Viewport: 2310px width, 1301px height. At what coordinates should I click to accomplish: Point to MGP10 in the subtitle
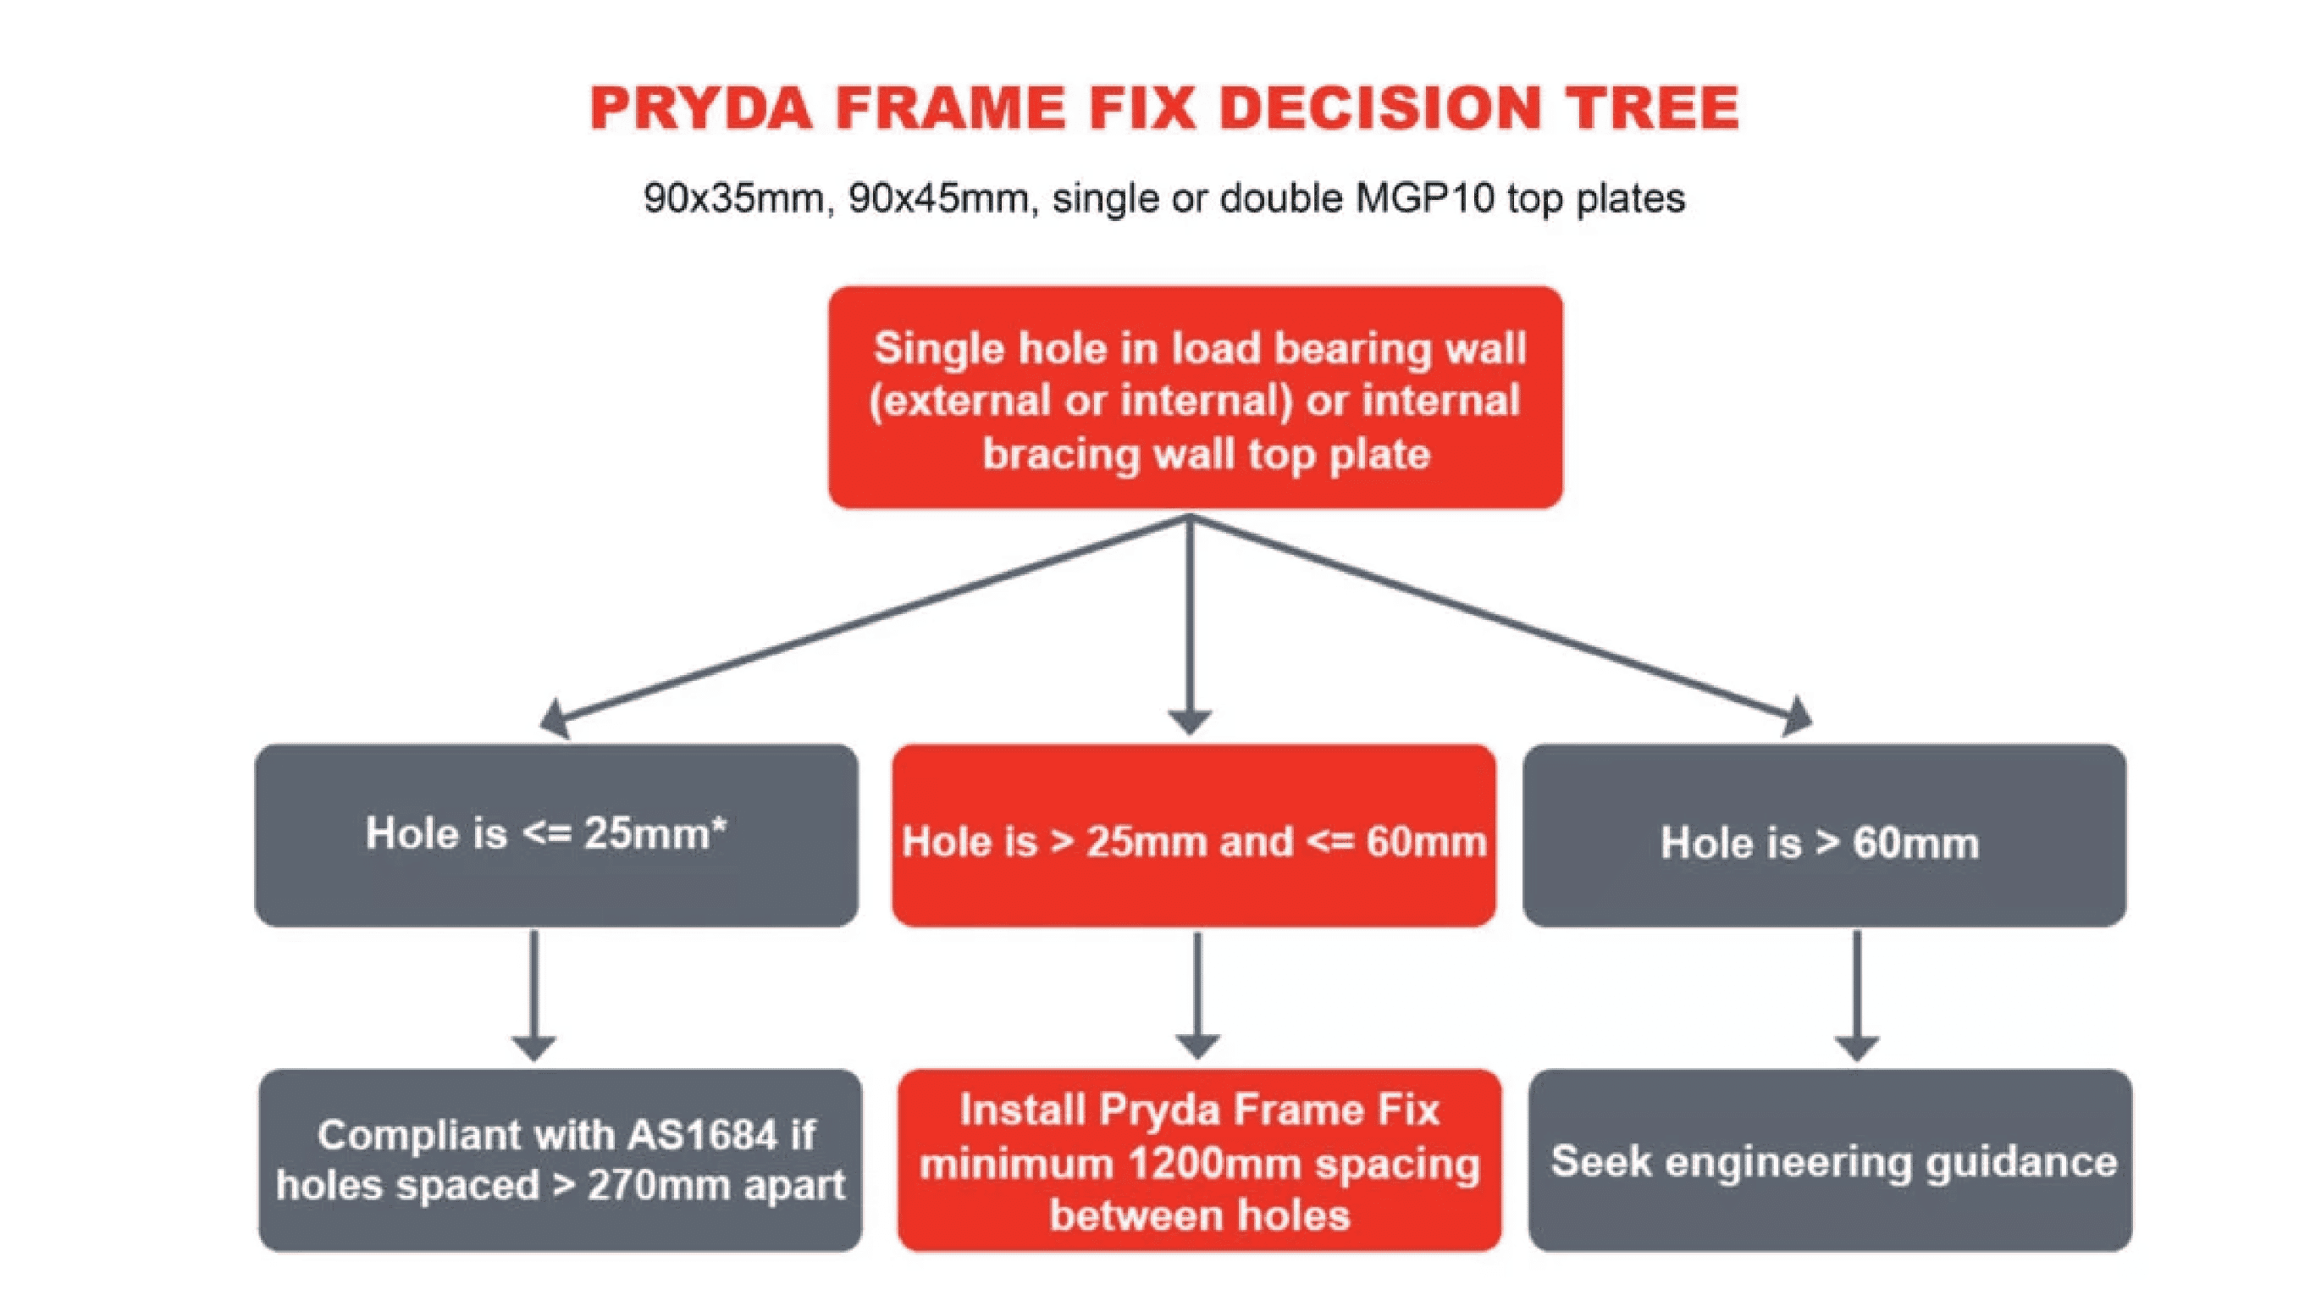pyautogui.click(x=1425, y=197)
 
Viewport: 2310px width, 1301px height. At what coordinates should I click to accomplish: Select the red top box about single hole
pyautogui.click(x=1196, y=397)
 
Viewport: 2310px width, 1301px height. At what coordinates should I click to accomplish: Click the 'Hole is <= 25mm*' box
pyautogui.click(x=556, y=835)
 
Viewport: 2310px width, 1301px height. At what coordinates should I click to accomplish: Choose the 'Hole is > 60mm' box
pyautogui.click(x=1824, y=835)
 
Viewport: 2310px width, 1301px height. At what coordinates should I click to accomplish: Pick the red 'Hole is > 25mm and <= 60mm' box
pyautogui.click(x=1194, y=835)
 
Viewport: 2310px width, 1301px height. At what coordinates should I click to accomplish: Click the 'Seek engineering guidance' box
pyautogui.click(x=1830, y=1160)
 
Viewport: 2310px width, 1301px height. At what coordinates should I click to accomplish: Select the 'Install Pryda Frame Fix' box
pyautogui.click(x=1199, y=1160)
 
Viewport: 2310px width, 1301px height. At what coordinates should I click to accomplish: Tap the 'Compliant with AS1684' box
pyautogui.click(x=561, y=1160)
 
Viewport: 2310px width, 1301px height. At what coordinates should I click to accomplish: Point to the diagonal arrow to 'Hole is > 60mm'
pyautogui.click(x=1502, y=625)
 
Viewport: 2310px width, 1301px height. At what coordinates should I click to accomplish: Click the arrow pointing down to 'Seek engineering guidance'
pyautogui.click(x=1856, y=996)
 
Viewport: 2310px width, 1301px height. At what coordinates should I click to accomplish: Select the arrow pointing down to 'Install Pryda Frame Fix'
pyautogui.click(x=1197, y=996)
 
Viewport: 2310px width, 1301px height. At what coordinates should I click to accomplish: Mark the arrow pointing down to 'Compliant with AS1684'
pyautogui.click(x=534, y=996)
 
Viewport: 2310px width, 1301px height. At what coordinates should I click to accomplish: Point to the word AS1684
pyautogui.click(x=702, y=1136)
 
